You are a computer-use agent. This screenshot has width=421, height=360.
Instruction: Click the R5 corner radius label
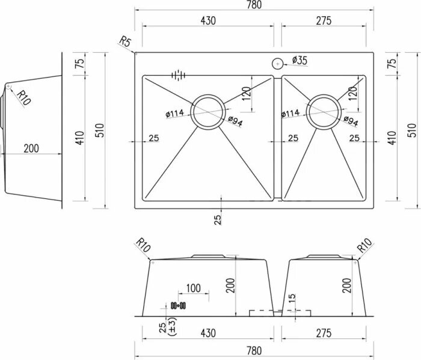[125, 41]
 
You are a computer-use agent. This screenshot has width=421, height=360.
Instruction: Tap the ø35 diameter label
[299, 59]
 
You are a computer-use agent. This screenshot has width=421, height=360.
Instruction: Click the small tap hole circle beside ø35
[277, 63]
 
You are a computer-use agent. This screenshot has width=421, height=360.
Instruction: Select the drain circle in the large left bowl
[209, 112]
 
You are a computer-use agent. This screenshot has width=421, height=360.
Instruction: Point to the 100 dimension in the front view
[192, 288]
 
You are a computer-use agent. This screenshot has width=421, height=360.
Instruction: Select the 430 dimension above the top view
[207, 20]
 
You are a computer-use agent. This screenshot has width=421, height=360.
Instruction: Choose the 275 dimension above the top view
[323, 20]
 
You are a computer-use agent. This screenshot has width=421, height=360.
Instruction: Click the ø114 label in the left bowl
[174, 113]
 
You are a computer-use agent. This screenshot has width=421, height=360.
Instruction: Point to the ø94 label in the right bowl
[351, 122]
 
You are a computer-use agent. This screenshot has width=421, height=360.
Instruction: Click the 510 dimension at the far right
[412, 130]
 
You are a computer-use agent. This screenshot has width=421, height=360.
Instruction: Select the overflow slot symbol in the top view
[178, 75]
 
